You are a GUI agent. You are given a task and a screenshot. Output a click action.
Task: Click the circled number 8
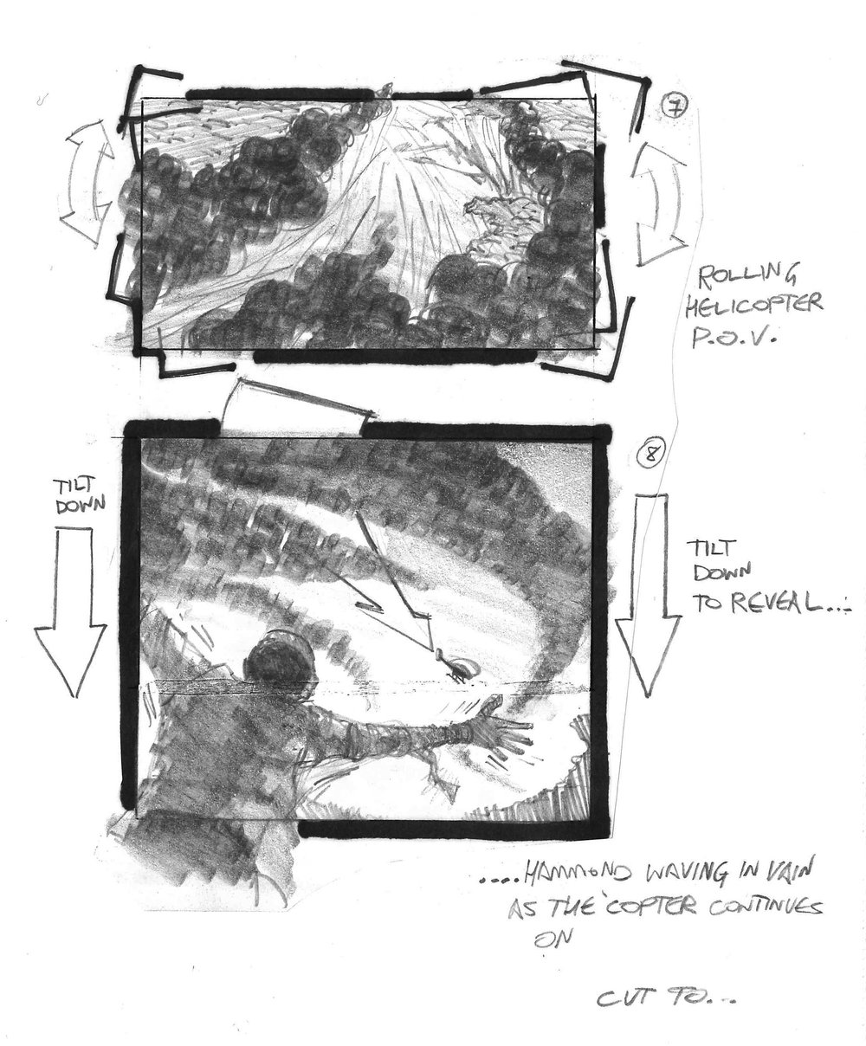click(650, 454)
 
